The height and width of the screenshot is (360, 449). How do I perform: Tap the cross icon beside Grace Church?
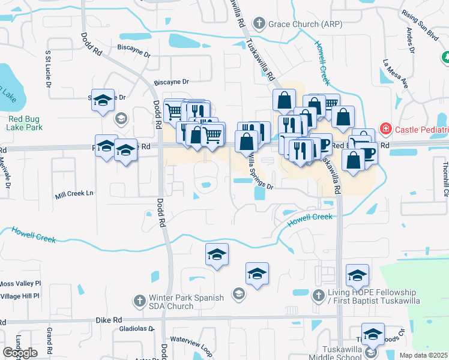(259, 25)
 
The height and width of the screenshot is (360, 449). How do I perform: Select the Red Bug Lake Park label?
(25, 123)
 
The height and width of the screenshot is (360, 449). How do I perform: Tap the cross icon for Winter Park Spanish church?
(139, 300)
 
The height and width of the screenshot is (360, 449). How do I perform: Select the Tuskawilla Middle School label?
(334, 353)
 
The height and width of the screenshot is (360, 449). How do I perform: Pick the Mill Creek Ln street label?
(74, 194)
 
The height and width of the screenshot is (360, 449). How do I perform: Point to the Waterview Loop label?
(191, 343)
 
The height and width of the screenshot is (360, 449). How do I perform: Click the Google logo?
(20, 353)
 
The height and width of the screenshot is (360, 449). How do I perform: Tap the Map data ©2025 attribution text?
(424, 355)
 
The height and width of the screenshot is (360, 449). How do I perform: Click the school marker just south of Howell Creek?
(217, 255)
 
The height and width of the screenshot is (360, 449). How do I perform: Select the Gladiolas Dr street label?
(137, 329)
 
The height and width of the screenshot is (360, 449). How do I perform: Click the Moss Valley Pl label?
(20, 283)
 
